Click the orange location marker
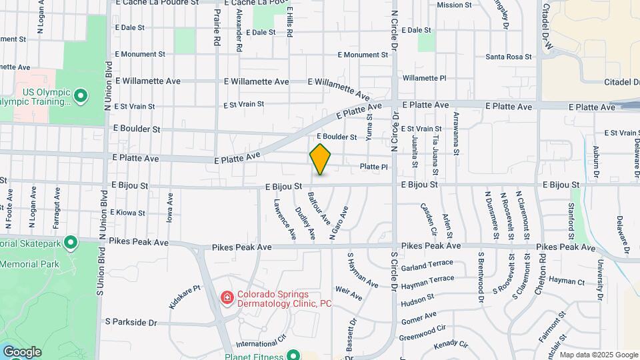tap(321, 159)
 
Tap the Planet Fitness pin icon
tap(291, 355)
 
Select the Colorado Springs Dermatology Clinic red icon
tap(227, 297)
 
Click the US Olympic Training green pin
tap(81, 97)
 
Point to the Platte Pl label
tap(373, 167)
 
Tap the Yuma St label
tap(369, 127)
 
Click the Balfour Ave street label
tap(319, 207)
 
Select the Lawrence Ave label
tap(283, 217)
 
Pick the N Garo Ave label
tap(339, 223)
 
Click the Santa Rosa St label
tap(508, 57)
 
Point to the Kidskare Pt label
tap(185, 297)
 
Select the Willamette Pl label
tap(424, 78)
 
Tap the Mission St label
tap(454, 5)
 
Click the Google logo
tap(21, 352)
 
